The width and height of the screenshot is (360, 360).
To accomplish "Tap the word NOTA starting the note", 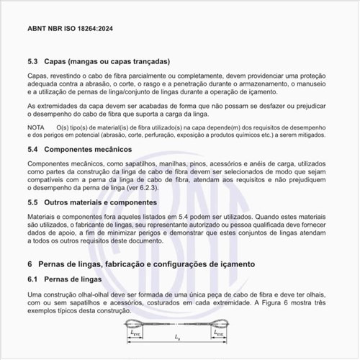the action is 36,127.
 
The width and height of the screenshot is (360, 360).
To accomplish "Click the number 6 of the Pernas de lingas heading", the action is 30,264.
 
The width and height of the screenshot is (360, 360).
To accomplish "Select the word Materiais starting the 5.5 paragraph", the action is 42,217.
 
